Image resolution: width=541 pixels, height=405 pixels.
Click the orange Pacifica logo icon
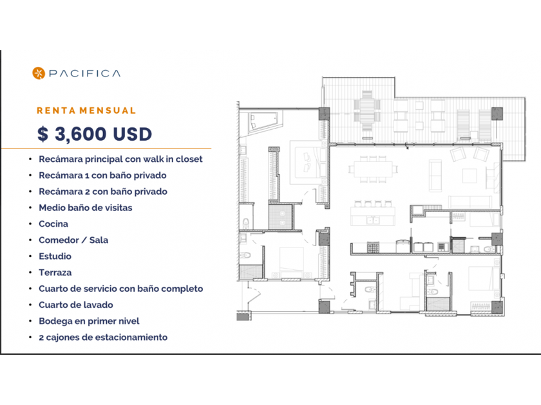pos(39,73)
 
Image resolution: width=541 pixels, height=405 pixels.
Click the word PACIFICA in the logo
pos(85,73)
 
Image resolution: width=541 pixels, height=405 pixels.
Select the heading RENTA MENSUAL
pos(86,111)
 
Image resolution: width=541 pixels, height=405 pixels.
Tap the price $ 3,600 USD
pos(95,134)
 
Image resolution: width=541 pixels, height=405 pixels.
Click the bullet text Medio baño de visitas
pos(86,208)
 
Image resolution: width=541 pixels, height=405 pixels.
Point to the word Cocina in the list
pos(53,224)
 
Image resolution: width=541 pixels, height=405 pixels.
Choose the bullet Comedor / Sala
pos(73,240)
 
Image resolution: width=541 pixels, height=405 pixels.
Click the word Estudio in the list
pos(55,256)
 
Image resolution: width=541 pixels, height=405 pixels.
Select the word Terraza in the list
pos(55,273)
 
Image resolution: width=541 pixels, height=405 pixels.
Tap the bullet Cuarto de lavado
pos(76,305)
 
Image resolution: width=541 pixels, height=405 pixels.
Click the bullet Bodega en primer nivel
pos(89,321)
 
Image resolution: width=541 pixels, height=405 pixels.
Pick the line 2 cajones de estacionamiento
pos(103,337)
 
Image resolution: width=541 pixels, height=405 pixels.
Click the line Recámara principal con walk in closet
pos(121,159)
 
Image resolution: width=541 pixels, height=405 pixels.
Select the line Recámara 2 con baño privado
pos(103,192)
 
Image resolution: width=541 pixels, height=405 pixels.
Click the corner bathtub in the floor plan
pos(263,122)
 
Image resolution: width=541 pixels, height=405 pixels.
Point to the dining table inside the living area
pos(373,169)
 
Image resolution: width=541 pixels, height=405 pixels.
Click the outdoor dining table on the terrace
pos(367,111)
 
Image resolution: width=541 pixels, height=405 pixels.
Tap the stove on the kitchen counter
pos(374,248)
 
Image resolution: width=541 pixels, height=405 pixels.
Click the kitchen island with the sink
pos(373,216)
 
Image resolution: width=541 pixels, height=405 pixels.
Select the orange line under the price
pos(106,148)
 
